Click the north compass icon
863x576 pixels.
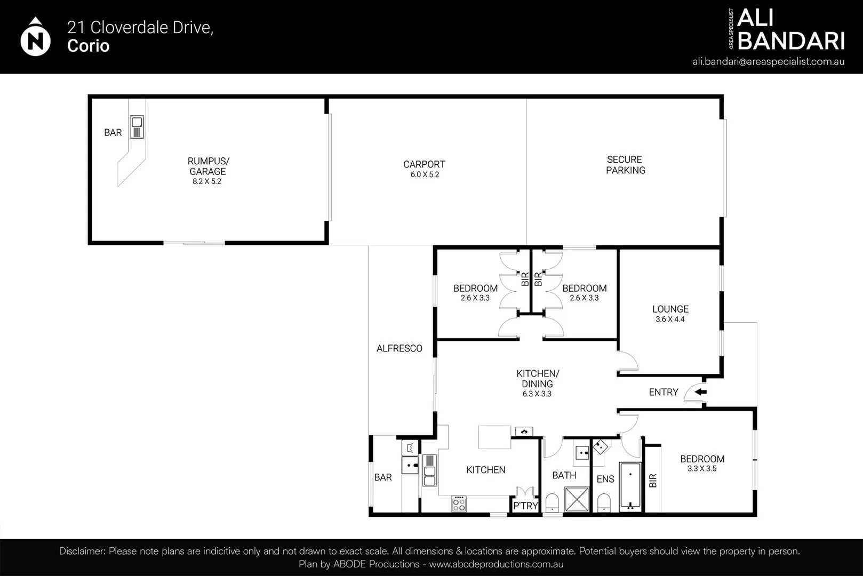click(x=35, y=37)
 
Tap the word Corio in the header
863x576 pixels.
click(x=88, y=46)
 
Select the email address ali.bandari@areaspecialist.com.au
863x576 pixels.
click(x=768, y=62)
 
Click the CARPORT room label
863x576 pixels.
click(x=424, y=164)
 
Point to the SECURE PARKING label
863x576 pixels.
click(x=625, y=165)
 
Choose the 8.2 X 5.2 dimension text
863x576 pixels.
click(x=207, y=181)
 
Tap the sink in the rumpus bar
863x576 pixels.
click(x=137, y=127)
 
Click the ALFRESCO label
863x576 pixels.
click(x=399, y=348)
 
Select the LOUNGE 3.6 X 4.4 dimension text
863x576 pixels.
click(x=670, y=319)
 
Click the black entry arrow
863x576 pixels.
click(x=701, y=392)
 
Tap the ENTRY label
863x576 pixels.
click(x=664, y=392)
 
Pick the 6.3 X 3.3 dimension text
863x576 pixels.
click(x=537, y=394)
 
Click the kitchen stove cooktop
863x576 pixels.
click(x=459, y=503)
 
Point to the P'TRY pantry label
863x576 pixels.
click(x=525, y=506)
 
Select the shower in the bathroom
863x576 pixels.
click(x=577, y=499)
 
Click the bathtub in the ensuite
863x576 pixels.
click(x=630, y=486)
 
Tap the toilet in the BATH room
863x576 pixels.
click(x=552, y=503)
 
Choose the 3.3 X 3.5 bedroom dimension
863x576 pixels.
click(x=701, y=468)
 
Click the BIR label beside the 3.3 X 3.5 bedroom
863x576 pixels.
click(x=653, y=481)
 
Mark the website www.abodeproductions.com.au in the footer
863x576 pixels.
click(x=496, y=564)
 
